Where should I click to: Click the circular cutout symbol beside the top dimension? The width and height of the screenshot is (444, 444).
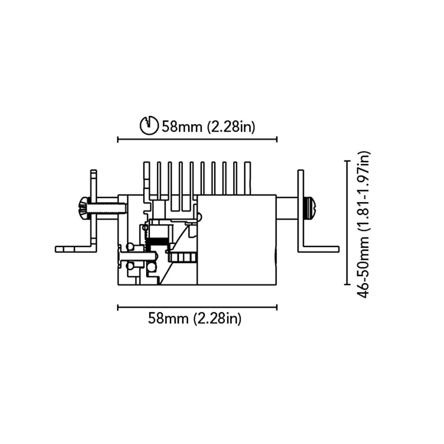coord(149,125)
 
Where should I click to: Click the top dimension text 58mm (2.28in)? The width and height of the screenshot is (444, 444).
coord(208,127)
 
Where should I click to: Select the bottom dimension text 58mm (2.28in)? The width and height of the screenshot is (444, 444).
coord(195,318)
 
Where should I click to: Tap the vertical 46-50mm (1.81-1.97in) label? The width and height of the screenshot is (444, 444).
coord(364,224)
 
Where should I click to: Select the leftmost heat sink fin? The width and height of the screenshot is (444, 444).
coord(147,178)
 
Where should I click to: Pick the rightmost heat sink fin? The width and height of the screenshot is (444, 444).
coord(247,178)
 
